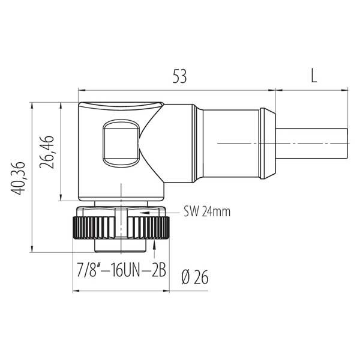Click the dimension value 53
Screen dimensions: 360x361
point(179,76)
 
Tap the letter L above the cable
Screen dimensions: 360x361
point(314,76)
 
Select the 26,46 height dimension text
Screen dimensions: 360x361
point(47,152)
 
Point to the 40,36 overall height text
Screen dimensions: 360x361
point(18,178)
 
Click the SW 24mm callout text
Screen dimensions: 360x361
point(207,211)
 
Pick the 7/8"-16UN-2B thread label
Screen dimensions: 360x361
point(121,270)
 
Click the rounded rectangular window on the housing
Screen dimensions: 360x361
point(121,143)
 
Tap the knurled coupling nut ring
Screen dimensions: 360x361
point(121,228)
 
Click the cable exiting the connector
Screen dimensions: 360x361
point(311,144)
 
